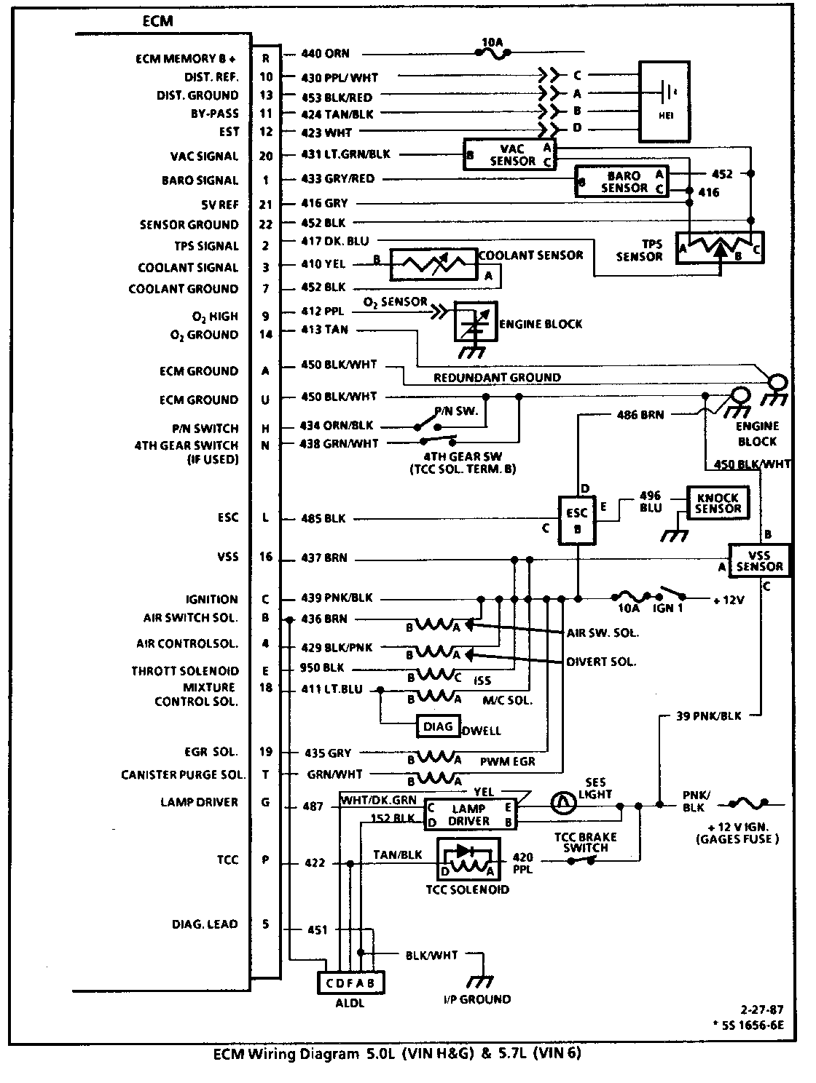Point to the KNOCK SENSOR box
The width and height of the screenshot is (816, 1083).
[718, 503]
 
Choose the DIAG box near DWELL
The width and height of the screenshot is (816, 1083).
[438, 726]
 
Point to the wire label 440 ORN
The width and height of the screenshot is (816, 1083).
[325, 53]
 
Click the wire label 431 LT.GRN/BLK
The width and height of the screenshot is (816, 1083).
[346, 154]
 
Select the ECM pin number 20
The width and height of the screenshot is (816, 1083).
[266, 156]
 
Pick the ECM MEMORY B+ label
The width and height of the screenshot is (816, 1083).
[186, 59]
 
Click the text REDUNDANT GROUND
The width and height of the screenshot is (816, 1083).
[497, 378]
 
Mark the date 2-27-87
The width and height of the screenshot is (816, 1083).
[761, 1010]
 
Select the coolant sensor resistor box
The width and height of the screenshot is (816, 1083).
[433, 264]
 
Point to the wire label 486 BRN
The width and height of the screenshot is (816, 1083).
[640, 415]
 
